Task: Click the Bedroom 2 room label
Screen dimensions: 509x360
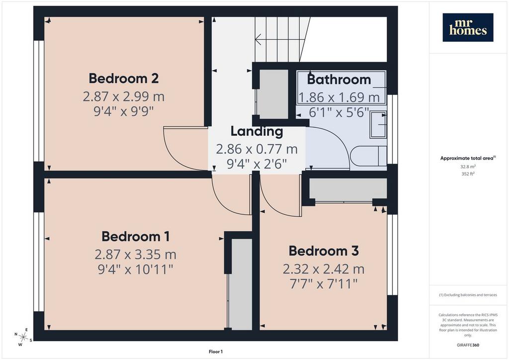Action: pyautogui.click(x=124, y=79)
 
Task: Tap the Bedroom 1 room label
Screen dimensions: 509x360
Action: pyautogui.click(x=135, y=237)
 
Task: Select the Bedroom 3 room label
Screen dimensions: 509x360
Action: pyautogui.click(x=324, y=251)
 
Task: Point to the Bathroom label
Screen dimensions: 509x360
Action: pyautogui.click(x=339, y=80)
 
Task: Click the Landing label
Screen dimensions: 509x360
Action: pyautogui.click(x=257, y=131)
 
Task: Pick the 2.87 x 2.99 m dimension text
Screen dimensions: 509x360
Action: pyautogui.click(x=124, y=96)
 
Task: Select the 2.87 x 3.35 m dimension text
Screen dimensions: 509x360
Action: pyautogui.click(x=135, y=255)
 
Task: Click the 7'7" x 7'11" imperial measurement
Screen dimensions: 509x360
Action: pyautogui.click(x=324, y=284)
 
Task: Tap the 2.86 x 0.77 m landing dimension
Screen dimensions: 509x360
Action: pyautogui.click(x=257, y=149)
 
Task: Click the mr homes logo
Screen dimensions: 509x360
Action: pyautogui.click(x=468, y=27)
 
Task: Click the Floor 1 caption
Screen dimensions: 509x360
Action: pyautogui.click(x=216, y=352)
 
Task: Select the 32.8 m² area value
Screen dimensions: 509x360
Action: pyautogui.click(x=468, y=167)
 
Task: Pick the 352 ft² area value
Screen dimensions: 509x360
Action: pyautogui.click(x=468, y=174)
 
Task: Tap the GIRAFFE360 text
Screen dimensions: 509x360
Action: pyautogui.click(x=468, y=345)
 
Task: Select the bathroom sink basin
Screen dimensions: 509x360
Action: pyautogui.click(x=378, y=124)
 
